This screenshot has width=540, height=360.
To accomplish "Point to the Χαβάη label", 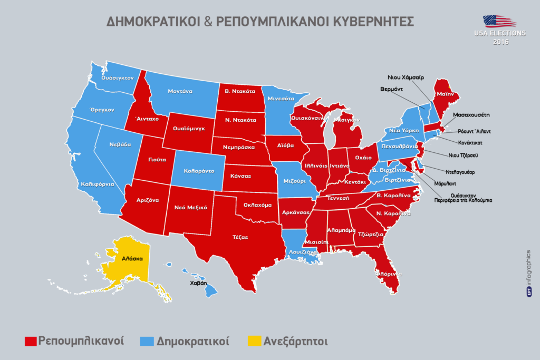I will tap(198, 283).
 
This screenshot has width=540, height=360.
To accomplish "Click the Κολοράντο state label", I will tap(199, 171).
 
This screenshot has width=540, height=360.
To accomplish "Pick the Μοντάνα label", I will tap(180, 91).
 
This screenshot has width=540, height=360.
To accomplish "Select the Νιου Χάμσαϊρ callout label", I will tap(406, 76).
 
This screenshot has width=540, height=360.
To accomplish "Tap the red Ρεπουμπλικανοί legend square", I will tap(31, 342).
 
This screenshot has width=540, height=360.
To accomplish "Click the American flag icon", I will tap(499, 21).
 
